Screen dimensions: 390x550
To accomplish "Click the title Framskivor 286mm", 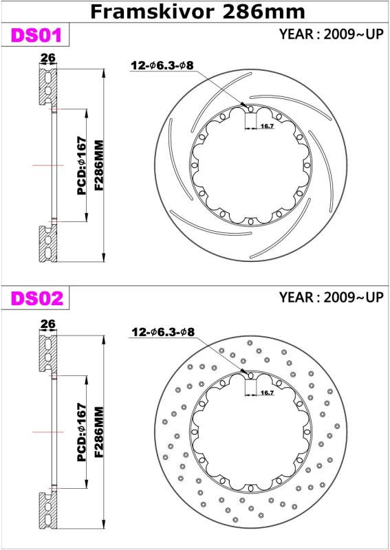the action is [197, 12].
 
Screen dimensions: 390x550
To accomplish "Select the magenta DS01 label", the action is [36, 35].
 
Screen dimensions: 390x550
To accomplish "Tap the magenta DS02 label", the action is [37, 298].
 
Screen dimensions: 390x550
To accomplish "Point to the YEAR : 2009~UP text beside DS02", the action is [331, 297].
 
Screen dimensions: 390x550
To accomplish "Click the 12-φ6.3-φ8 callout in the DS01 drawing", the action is [162, 65].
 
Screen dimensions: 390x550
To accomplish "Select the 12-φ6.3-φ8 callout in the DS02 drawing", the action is [163, 332].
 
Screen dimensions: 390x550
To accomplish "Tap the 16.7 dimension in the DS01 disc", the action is [267, 126].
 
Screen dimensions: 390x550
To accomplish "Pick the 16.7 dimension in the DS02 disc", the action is [267, 393].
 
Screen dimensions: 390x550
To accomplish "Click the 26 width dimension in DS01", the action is [47, 58].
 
